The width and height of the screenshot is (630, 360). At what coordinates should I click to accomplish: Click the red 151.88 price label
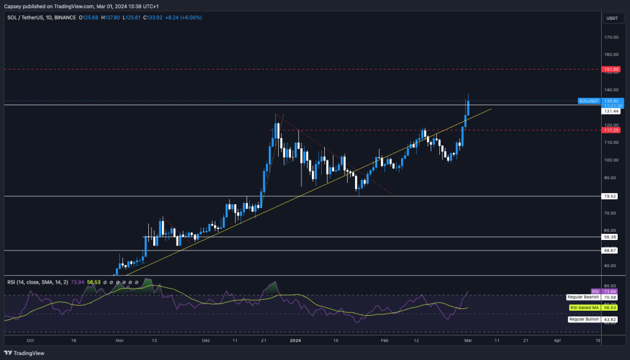pyautogui.click(x=611, y=70)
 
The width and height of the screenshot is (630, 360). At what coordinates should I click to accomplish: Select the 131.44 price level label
pyautogui.click(x=611, y=111)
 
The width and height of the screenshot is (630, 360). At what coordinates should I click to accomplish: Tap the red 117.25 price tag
pyautogui.click(x=611, y=130)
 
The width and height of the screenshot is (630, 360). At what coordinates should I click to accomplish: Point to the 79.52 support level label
pyautogui.click(x=611, y=196)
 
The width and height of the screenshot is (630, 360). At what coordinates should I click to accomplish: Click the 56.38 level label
pyautogui.click(x=611, y=236)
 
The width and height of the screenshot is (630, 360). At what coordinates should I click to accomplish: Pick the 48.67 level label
pyautogui.click(x=611, y=250)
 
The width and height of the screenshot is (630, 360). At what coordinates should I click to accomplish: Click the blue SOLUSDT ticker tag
pyautogui.click(x=589, y=100)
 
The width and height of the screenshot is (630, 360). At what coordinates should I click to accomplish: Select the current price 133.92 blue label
pyautogui.click(x=612, y=100)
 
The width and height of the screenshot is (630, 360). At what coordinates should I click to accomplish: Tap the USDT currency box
pyautogui.click(x=612, y=18)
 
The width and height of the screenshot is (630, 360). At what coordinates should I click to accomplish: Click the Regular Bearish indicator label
pyautogui.click(x=581, y=297)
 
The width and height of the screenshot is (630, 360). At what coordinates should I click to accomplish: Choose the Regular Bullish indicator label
pyautogui.click(x=582, y=319)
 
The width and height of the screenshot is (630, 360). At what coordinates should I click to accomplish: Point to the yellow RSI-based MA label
pyautogui.click(x=581, y=308)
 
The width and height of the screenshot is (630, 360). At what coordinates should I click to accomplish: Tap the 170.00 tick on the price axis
pyautogui.click(x=611, y=37)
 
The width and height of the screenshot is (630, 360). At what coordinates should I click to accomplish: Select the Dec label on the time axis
pyautogui.click(x=205, y=340)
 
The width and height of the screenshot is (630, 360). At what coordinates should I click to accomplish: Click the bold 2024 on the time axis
pyautogui.click(x=296, y=340)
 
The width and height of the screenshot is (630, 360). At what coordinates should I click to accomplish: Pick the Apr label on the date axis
pyautogui.click(x=557, y=340)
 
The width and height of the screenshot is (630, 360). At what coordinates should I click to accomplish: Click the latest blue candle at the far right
pyautogui.click(x=468, y=106)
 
